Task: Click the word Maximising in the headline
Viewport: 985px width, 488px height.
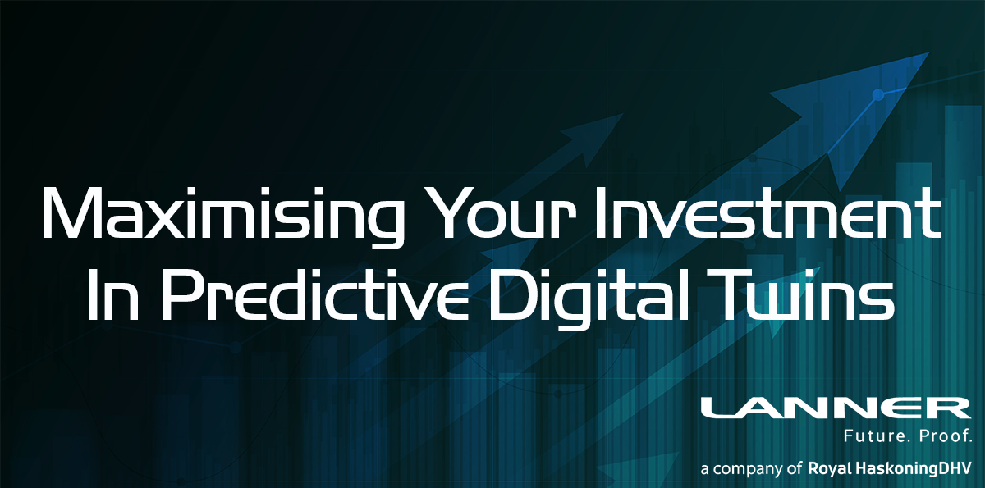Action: coord(223,215)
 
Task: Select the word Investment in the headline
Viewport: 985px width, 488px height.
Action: coord(767,214)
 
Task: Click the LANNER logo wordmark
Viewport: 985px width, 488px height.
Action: coord(836,409)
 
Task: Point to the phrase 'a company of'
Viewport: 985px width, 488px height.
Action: coord(751,469)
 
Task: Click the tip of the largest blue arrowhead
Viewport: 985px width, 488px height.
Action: coord(928,53)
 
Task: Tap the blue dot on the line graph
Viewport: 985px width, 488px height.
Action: coord(877,94)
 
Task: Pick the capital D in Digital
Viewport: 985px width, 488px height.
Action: coord(510,294)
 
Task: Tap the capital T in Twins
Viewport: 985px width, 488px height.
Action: coord(717,294)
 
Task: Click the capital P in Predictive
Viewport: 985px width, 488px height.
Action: coord(181,294)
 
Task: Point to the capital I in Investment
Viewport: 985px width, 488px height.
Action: coord(599,214)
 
